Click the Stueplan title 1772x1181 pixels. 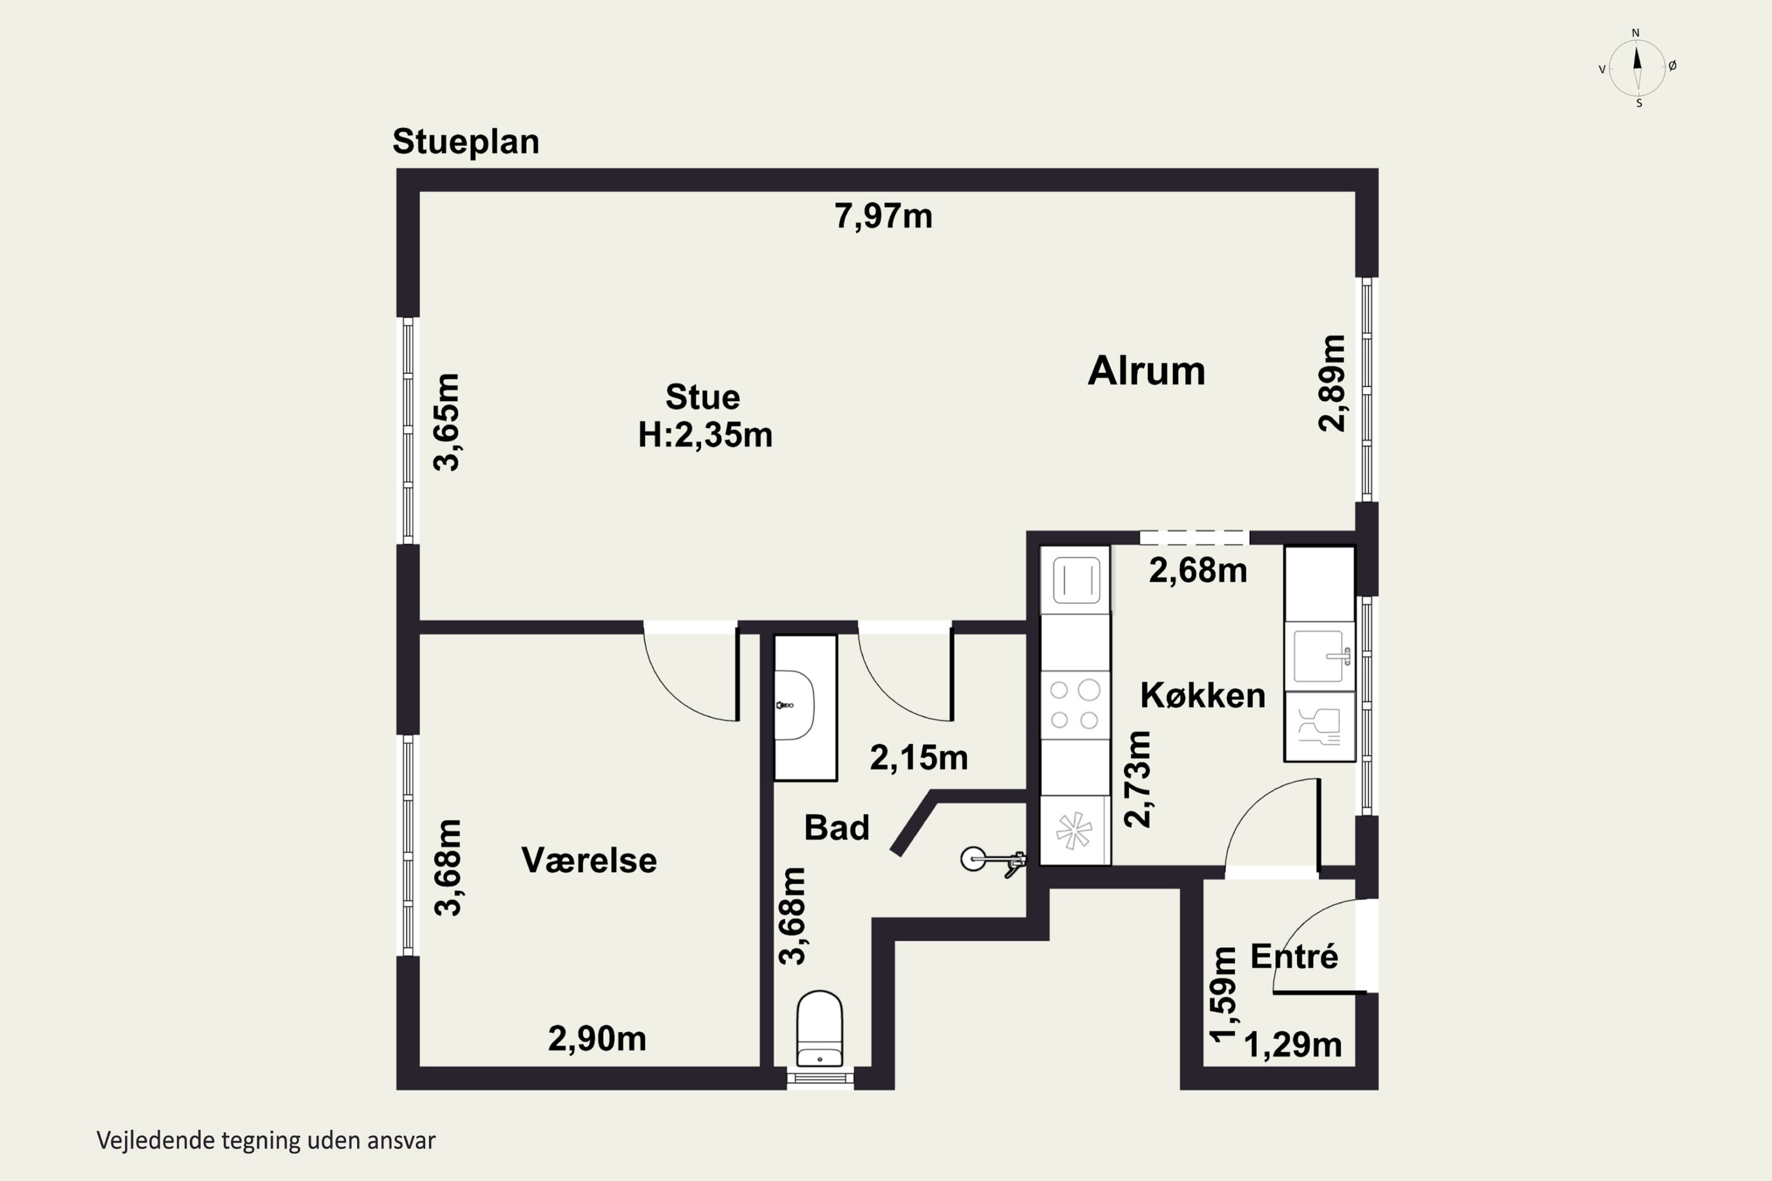[465, 142]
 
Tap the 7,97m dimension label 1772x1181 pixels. [883, 216]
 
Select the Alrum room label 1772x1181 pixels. [1146, 371]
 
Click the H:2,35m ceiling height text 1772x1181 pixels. [705, 435]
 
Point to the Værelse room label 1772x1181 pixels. [589, 860]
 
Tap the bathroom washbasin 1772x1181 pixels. [796, 706]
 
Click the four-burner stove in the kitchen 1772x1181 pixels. [1074, 705]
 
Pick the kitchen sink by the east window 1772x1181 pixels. [1319, 656]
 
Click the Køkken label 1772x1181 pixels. [1203, 695]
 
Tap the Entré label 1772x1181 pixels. [1294, 957]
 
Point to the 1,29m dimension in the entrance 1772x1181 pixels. [1293, 1045]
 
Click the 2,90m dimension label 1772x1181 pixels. [597, 1039]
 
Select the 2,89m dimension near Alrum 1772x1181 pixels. [1331, 383]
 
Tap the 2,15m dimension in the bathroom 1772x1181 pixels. [918, 758]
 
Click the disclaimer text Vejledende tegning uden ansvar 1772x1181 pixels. [266, 1141]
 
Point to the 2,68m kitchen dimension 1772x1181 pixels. [1198, 571]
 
